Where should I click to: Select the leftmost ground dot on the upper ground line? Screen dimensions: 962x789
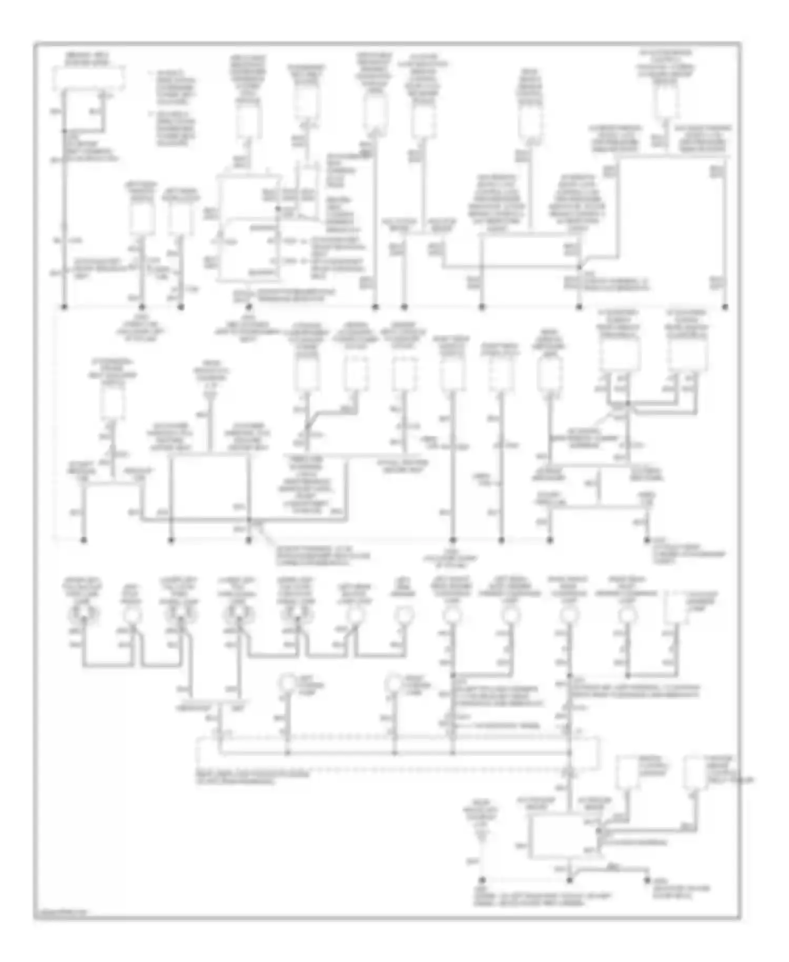click(65, 306)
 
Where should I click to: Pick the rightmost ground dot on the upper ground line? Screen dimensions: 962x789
click(725, 306)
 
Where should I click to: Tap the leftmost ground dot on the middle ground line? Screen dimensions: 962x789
click(84, 540)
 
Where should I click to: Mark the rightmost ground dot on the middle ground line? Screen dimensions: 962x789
click(647, 540)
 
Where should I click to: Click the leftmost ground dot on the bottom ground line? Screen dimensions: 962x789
click(482, 879)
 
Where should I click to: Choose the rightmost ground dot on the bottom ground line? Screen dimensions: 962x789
click(648, 879)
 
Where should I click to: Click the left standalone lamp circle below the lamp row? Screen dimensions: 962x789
click(288, 683)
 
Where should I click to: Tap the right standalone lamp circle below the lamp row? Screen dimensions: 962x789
click(394, 683)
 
